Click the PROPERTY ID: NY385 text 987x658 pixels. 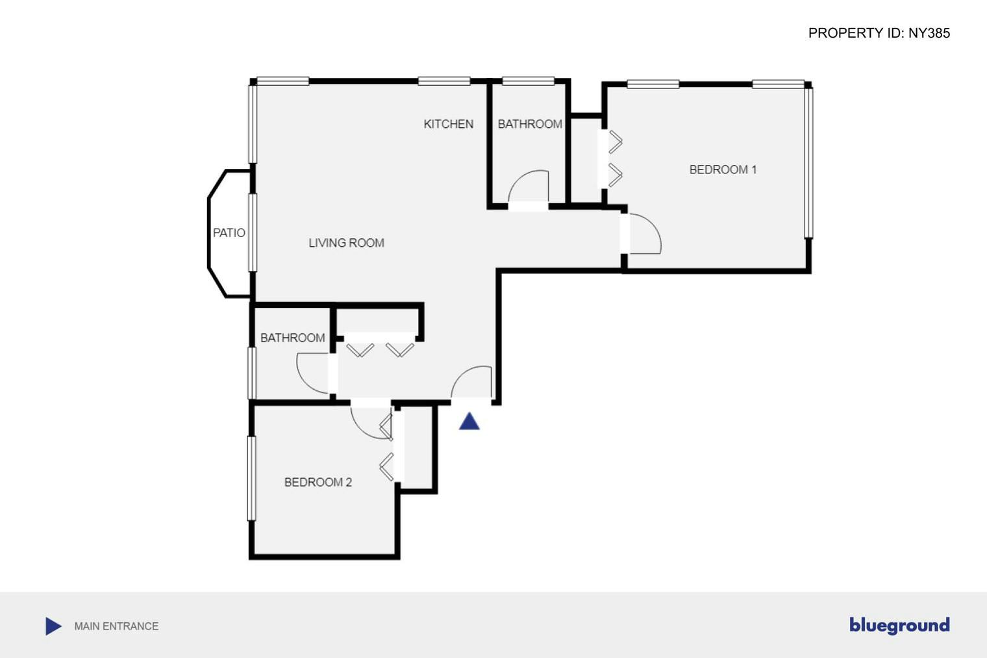coord(879,33)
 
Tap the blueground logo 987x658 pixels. coord(899,626)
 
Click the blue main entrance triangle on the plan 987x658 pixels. coord(469,422)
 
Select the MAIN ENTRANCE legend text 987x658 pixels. coord(116,626)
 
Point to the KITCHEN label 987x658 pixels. coord(448,124)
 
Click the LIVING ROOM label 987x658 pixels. coord(346,243)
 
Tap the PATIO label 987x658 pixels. coord(229,233)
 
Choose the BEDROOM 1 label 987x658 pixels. coord(723,170)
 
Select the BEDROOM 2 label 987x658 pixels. coord(318,482)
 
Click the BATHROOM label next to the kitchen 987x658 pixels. coord(530,124)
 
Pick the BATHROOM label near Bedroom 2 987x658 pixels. coord(292,338)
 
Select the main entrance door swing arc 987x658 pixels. coord(471,382)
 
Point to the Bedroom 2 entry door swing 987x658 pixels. coord(371,422)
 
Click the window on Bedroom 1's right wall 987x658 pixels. coord(809,162)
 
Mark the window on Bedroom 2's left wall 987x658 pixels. coord(251,477)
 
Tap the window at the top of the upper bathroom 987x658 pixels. coord(528,81)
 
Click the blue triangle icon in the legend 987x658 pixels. coord(53,626)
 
